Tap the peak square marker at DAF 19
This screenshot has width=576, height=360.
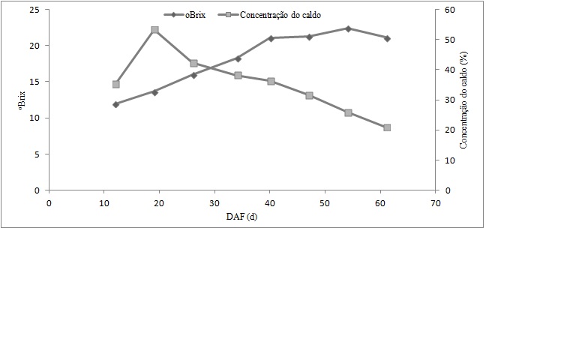pyautogui.click(x=154, y=30)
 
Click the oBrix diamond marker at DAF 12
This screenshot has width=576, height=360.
pyautogui.click(x=115, y=104)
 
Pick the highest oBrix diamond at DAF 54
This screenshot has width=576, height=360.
pyautogui.click(x=348, y=28)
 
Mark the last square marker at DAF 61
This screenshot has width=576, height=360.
pyautogui.click(x=387, y=127)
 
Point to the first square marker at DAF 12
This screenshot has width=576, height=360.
pyautogui.click(x=115, y=84)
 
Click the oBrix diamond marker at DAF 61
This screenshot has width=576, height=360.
pyautogui.click(x=387, y=38)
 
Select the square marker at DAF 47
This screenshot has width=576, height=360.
pyautogui.click(x=309, y=95)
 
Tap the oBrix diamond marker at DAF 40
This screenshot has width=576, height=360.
pyautogui.click(x=271, y=37)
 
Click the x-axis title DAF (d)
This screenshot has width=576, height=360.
pyautogui.click(x=241, y=217)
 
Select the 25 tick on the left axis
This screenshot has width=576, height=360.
pyautogui.click(x=34, y=10)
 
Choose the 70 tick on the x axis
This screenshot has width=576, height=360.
pyautogui.click(x=436, y=202)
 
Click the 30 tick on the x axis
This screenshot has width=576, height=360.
pyautogui.click(x=214, y=202)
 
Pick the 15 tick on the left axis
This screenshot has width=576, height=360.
pyautogui.click(x=34, y=82)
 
